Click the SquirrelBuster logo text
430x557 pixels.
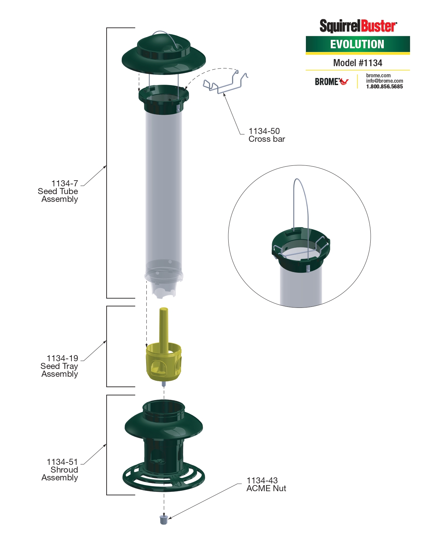(x=358, y=26)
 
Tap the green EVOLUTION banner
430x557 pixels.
(x=357, y=44)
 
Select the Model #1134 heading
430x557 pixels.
(x=357, y=63)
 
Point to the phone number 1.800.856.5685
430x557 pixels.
(x=384, y=87)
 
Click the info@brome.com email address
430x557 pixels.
(x=384, y=81)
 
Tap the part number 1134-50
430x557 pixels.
(x=264, y=131)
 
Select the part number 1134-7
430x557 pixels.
(x=64, y=184)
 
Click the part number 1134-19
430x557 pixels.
(x=62, y=358)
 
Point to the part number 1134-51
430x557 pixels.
(x=62, y=462)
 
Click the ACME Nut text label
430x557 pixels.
(x=266, y=488)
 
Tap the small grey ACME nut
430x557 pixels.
(x=164, y=519)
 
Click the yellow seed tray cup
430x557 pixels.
(x=164, y=362)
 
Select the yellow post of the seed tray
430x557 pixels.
(x=164, y=325)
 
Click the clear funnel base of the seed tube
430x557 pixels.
(x=164, y=282)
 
